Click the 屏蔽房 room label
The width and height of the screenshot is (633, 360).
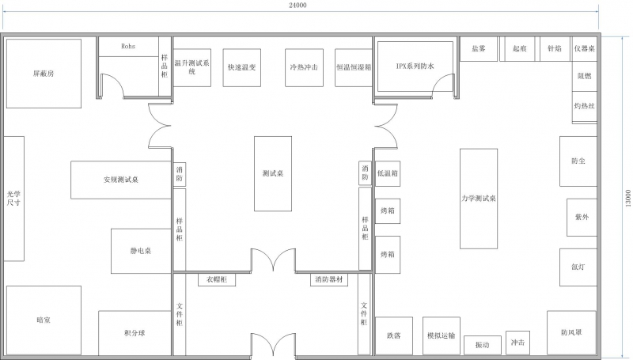[x=44, y=73]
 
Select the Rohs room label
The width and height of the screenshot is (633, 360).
[x=128, y=47]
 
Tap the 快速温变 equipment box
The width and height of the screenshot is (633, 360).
[x=241, y=68]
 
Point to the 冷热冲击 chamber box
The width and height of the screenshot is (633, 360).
[x=304, y=68]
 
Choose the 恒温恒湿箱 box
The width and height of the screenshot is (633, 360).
[x=353, y=68]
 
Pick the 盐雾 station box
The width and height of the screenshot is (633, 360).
[x=478, y=48]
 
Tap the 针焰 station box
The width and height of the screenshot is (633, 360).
[x=554, y=48]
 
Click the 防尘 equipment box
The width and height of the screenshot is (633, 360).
[x=578, y=161]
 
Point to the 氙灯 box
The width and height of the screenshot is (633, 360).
[x=578, y=267]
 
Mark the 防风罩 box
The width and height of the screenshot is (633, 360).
[x=571, y=332]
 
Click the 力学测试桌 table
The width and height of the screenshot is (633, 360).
[x=479, y=198]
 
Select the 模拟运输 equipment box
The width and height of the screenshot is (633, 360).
[x=440, y=335]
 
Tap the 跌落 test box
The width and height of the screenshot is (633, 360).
[x=393, y=335]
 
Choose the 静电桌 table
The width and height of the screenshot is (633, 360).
[x=141, y=251]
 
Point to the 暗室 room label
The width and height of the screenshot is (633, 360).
[x=44, y=320]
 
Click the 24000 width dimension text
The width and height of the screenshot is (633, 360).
[x=297, y=6]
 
